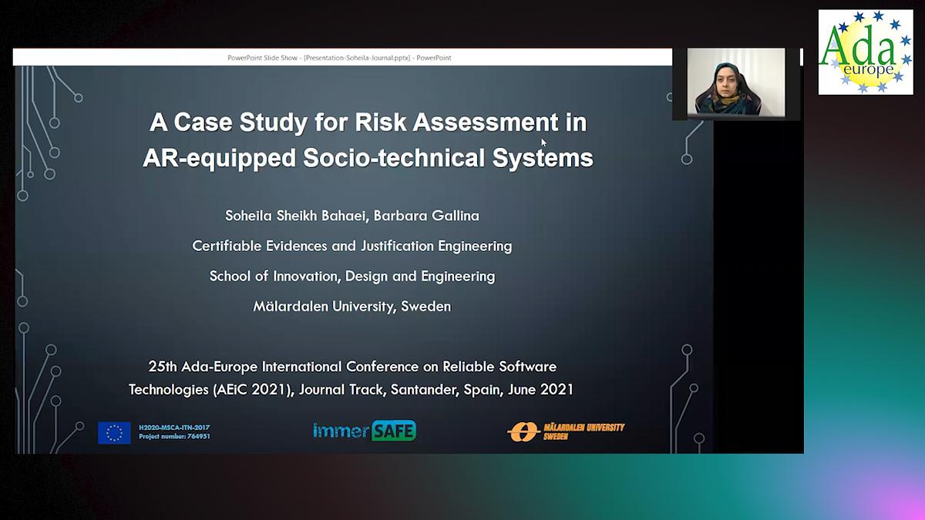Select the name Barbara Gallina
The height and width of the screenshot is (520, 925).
(426, 216)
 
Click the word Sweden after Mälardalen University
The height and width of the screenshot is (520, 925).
(426, 306)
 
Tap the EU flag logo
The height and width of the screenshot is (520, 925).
(114, 433)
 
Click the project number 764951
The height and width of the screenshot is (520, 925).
(198, 437)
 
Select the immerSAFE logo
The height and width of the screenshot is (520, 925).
(365, 431)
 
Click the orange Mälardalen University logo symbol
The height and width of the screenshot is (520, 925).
(522, 432)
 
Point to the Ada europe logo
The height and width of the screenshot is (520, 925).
(865, 52)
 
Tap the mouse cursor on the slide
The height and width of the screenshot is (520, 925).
(543, 142)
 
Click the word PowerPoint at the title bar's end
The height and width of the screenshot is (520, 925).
(434, 58)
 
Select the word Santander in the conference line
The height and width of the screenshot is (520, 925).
(423, 389)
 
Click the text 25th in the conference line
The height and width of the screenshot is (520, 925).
(163, 366)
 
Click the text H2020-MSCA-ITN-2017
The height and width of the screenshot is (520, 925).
(174, 428)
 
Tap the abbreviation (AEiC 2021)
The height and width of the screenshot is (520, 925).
(253, 389)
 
